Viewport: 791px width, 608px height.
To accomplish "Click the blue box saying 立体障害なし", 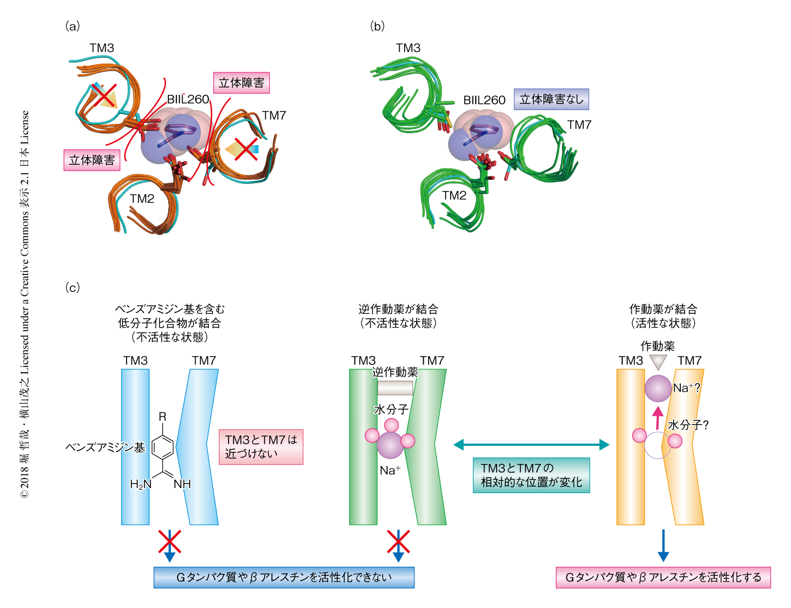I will coord(551,100).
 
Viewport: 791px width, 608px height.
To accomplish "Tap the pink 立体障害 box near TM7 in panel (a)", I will coord(241,83).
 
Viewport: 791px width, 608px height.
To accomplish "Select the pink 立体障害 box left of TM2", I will coord(92,160).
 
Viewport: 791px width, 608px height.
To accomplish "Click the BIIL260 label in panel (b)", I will coord(484,100).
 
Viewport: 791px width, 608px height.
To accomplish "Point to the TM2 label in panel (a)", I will coord(142,199).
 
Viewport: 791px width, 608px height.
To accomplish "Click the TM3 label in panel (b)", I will coord(408,48).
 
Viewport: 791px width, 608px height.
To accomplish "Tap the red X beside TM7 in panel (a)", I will coord(246,149).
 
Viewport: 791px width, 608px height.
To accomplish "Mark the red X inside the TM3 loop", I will coord(104,95).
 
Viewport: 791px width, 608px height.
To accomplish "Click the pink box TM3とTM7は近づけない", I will coord(261,447).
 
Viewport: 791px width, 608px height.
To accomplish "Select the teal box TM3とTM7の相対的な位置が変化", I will coord(531,475).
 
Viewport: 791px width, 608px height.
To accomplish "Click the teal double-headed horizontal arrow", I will coord(531,445).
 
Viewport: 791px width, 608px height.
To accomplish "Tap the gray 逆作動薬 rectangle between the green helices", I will coord(395,388).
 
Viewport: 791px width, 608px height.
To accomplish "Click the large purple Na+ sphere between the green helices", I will coord(390,445).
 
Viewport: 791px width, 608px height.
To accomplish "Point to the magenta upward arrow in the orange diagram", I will coord(658,417).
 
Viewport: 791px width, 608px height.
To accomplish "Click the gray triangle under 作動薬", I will coord(658,362).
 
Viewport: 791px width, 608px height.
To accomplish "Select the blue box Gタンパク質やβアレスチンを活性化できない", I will coord(284,577).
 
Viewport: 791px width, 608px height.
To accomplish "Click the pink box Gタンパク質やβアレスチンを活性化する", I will coord(663,577).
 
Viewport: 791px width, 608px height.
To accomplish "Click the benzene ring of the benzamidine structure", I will coord(163,448).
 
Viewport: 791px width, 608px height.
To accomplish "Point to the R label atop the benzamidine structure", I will coord(162,417).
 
